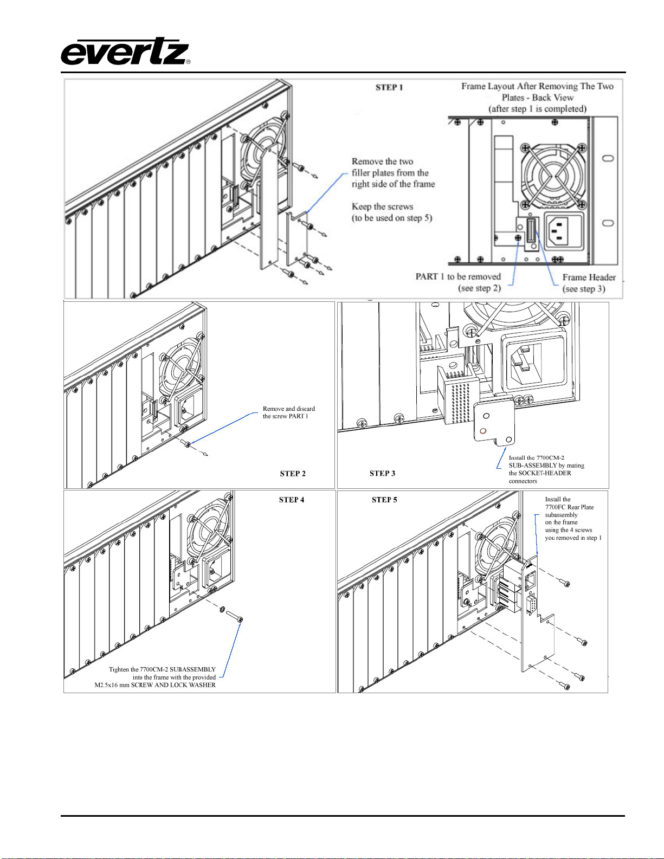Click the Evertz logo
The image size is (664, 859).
(125, 51)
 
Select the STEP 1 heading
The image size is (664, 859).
(389, 87)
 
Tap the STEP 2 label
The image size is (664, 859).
(293, 474)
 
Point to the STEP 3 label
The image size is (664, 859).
(382, 474)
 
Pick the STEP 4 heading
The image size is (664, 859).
(292, 500)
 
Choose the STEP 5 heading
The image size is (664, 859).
(384, 500)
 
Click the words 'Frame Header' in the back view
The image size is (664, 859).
(589, 277)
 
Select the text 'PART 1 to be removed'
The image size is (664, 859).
(458, 276)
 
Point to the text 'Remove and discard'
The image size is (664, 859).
(288, 409)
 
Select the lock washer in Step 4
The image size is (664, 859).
(223, 610)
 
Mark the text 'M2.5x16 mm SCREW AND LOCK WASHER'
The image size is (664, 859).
(155, 685)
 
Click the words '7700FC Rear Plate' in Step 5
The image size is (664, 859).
(569, 507)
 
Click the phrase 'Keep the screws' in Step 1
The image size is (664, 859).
(382, 206)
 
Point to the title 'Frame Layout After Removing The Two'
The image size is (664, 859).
(537, 86)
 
